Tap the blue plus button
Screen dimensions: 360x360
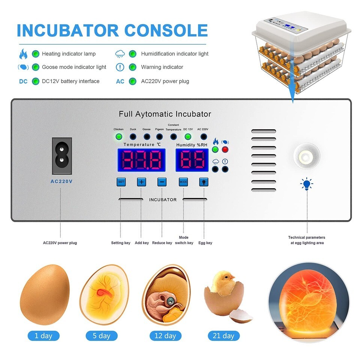point(141,182)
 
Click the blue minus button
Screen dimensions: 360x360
point(162,182)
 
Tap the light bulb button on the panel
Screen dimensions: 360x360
point(204,182)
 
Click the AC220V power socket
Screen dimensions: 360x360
point(62,156)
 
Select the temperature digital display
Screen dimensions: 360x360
point(141,160)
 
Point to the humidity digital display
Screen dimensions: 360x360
point(192,160)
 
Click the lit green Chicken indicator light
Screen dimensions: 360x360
point(119,137)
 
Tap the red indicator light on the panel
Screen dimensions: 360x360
point(225,150)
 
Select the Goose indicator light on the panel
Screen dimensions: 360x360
point(147,137)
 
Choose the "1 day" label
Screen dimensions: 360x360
point(43,336)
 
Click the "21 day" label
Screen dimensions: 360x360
point(223,336)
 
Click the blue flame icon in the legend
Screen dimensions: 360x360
point(23,54)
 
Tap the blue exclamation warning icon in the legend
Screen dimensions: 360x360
point(120,67)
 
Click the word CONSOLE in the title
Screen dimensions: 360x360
point(166,30)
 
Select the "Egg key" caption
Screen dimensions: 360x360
point(205,243)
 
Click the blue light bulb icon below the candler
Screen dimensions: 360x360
point(307,184)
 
